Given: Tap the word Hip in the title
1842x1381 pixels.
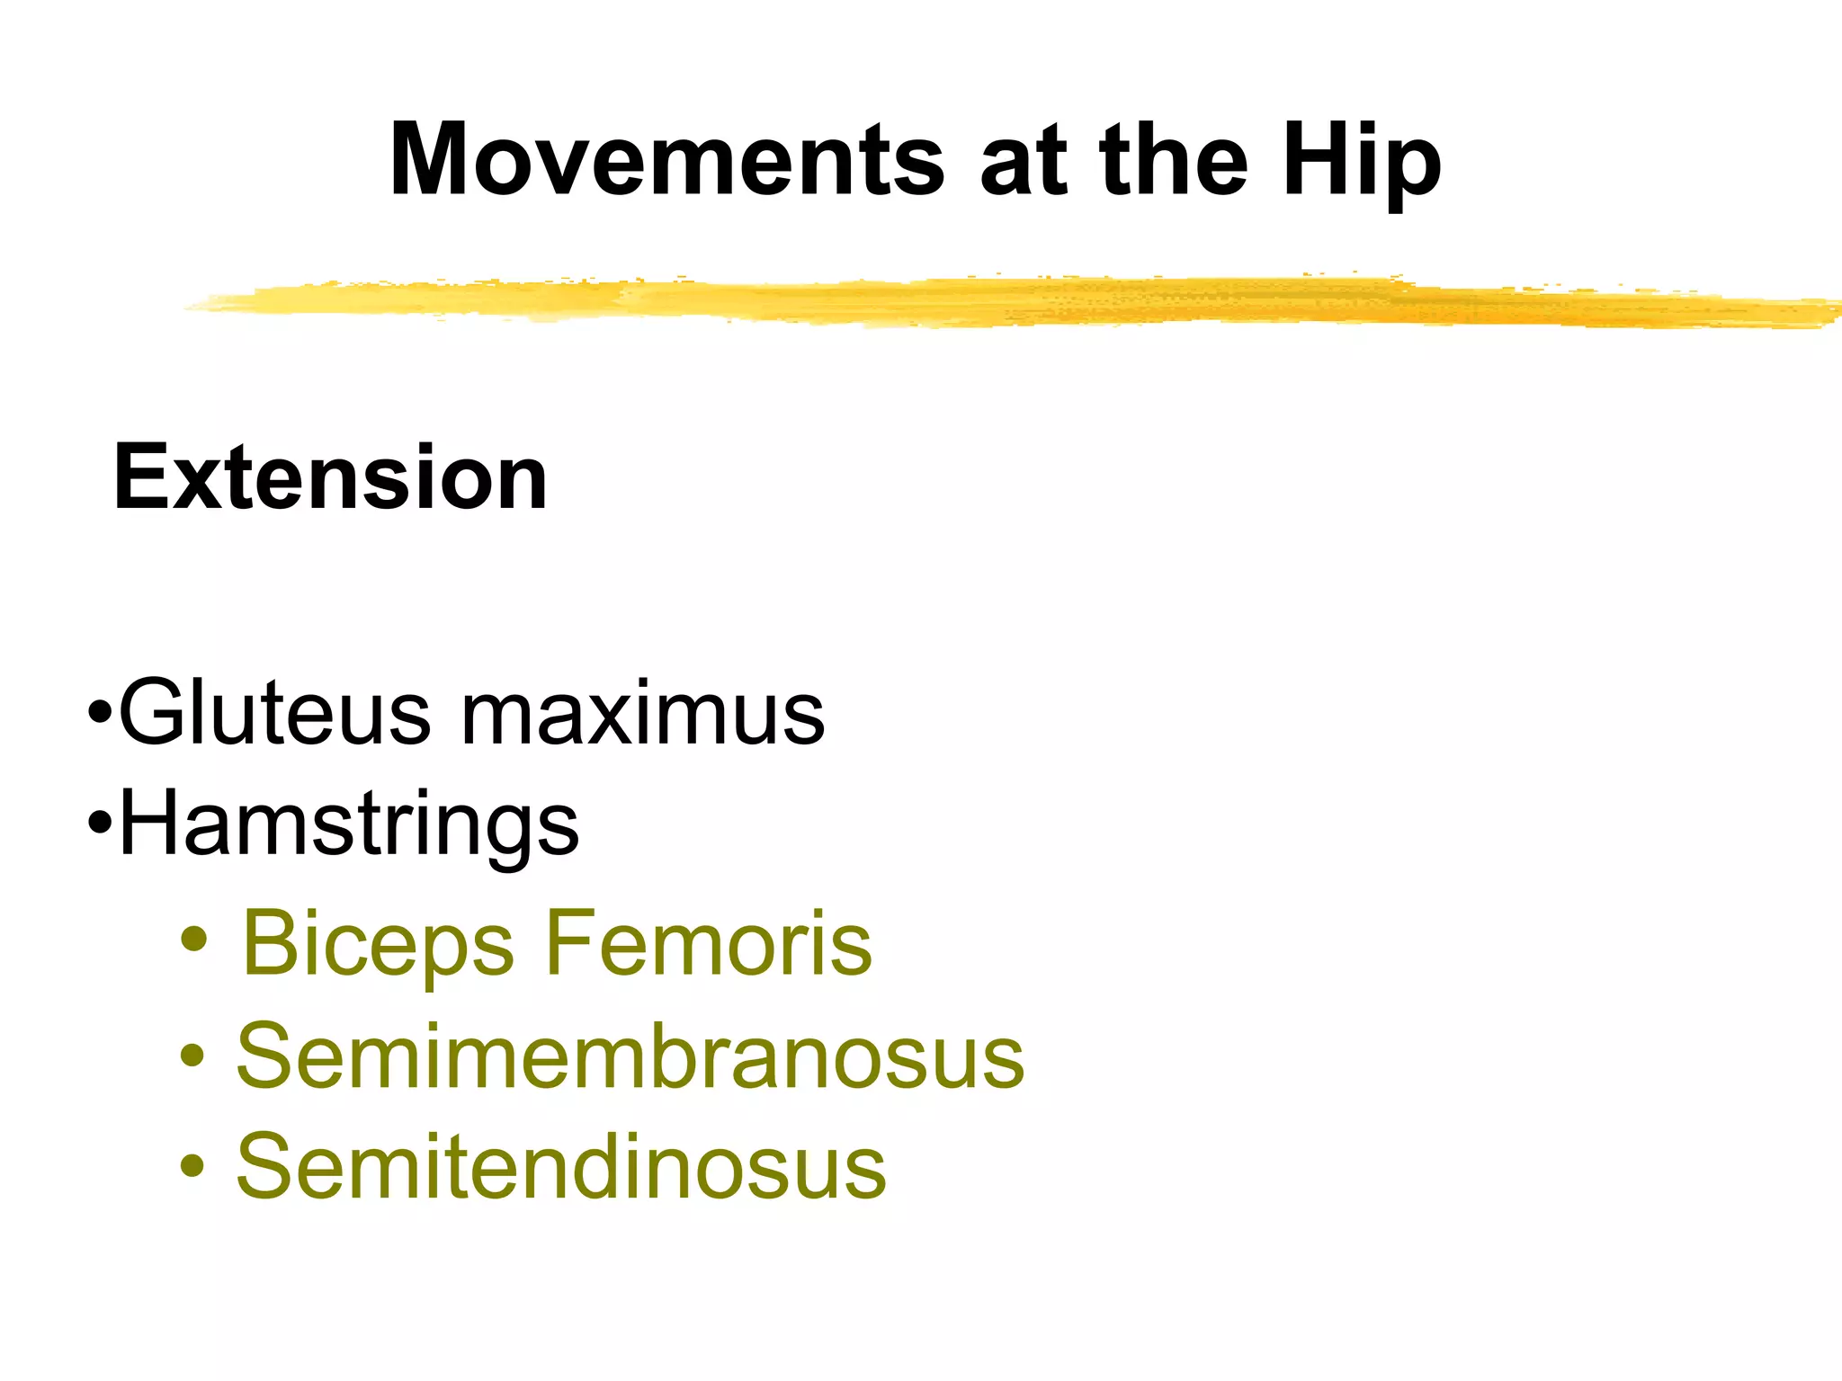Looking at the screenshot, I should (1362, 162).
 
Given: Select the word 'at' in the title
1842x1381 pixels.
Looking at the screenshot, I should (1024, 162).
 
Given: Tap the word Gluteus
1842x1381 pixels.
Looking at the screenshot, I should (274, 713).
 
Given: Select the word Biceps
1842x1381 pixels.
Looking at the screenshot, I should (378, 944).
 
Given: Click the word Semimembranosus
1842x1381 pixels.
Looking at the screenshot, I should (630, 1056).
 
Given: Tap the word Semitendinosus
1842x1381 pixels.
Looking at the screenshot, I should (561, 1166).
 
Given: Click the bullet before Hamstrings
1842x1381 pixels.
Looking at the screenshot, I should (101, 823).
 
